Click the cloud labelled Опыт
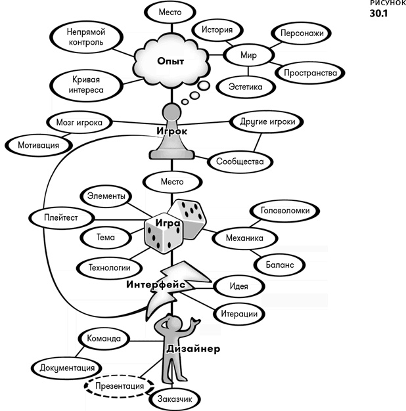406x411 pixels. point(171,61)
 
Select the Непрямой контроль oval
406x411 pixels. point(86,37)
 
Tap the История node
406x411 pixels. point(217,30)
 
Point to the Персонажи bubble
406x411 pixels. point(302,33)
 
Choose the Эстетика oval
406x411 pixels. point(246,87)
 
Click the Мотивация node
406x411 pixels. point(39,145)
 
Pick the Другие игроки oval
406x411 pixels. point(267,121)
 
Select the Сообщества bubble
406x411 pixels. point(240,162)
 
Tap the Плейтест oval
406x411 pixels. point(61,217)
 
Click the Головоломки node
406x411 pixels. point(285,211)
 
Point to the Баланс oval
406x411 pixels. point(280,265)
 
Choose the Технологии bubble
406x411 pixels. point(109,268)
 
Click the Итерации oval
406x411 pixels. point(239,314)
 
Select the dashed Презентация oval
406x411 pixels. point(120,386)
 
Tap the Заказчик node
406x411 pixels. point(175,399)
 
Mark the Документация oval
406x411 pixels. point(67,368)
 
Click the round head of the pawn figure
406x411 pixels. point(171,112)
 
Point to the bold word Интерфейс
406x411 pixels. point(156,284)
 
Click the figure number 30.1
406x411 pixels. point(378,13)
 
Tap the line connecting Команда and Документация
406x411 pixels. point(80,352)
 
